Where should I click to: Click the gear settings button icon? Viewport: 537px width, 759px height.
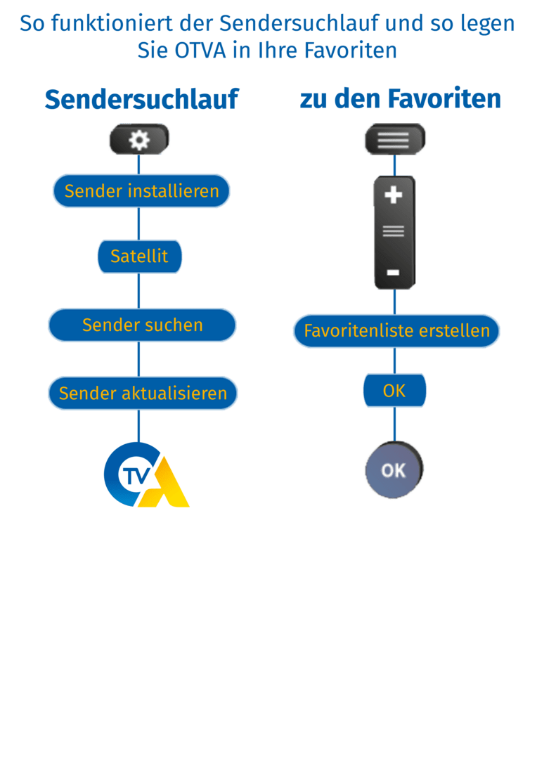pos(139,141)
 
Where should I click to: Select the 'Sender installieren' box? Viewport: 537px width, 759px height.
pos(141,190)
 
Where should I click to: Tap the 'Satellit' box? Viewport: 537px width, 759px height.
pos(139,257)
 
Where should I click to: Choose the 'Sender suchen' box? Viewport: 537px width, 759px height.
pos(142,325)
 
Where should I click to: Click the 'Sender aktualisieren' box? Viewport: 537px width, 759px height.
pos(143,393)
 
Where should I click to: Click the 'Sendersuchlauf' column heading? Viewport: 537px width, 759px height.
pos(141,99)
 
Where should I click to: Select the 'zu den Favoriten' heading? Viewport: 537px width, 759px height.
pos(400,98)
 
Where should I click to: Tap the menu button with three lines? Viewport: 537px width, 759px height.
pos(394,140)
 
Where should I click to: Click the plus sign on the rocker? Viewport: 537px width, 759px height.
pos(394,195)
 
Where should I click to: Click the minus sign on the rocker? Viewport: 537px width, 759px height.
pos(394,272)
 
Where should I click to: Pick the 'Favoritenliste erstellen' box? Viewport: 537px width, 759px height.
pos(396,330)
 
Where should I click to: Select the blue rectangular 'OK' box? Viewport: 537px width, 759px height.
pos(394,391)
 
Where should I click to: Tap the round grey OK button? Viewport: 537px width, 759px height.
pos(394,470)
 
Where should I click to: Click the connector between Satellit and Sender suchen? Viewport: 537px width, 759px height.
pos(139,290)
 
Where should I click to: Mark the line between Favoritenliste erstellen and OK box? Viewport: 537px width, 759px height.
pos(395,361)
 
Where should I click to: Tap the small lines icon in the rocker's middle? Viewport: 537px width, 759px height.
pos(394,231)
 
